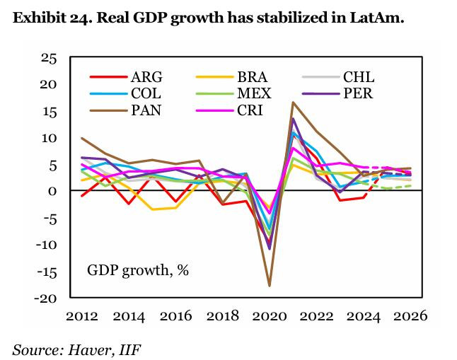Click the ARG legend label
[146, 77]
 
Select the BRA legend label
[253, 77]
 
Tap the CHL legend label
[358, 77]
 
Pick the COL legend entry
[146, 93]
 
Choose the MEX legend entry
[253, 93]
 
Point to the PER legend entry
[358, 93]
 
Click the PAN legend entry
[146, 109]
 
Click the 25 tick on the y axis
[47, 58]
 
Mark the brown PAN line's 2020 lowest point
[269, 286]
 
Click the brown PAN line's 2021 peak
[293, 103]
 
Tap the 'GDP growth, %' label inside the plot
[138, 270]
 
